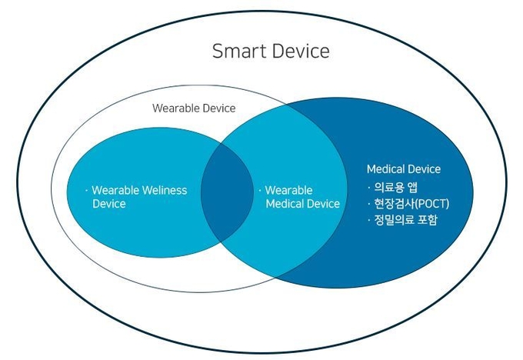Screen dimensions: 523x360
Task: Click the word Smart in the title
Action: click(x=239, y=52)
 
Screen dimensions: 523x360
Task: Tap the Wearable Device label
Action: click(x=194, y=108)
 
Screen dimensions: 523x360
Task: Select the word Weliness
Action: click(x=164, y=190)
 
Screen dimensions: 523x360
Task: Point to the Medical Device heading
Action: click(x=404, y=169)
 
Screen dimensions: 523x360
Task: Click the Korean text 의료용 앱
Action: click(x=395, y=187)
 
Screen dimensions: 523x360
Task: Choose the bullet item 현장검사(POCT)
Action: click(x=411, y=204)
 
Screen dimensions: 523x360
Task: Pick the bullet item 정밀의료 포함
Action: click(x=405, y=220)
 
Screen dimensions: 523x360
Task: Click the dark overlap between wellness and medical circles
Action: click(x=227, y=192)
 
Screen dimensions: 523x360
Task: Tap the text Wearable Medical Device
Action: click(x=302, y=197)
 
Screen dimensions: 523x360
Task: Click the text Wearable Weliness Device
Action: click(x=139, y=197)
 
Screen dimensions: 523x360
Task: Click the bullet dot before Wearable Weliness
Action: click(x=86, y=191)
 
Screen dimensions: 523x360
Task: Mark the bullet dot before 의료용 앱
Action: click(x=369, y=188)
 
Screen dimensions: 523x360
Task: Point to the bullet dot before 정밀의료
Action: click(x=369, y=220)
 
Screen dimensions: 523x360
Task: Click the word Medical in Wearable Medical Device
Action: click(x=285, y=204)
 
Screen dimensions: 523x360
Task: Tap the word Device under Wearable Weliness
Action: click(x=109, y=204)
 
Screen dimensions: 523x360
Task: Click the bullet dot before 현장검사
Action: click(x=369, y=204)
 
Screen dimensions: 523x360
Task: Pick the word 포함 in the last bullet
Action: click(x=427, y=220)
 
